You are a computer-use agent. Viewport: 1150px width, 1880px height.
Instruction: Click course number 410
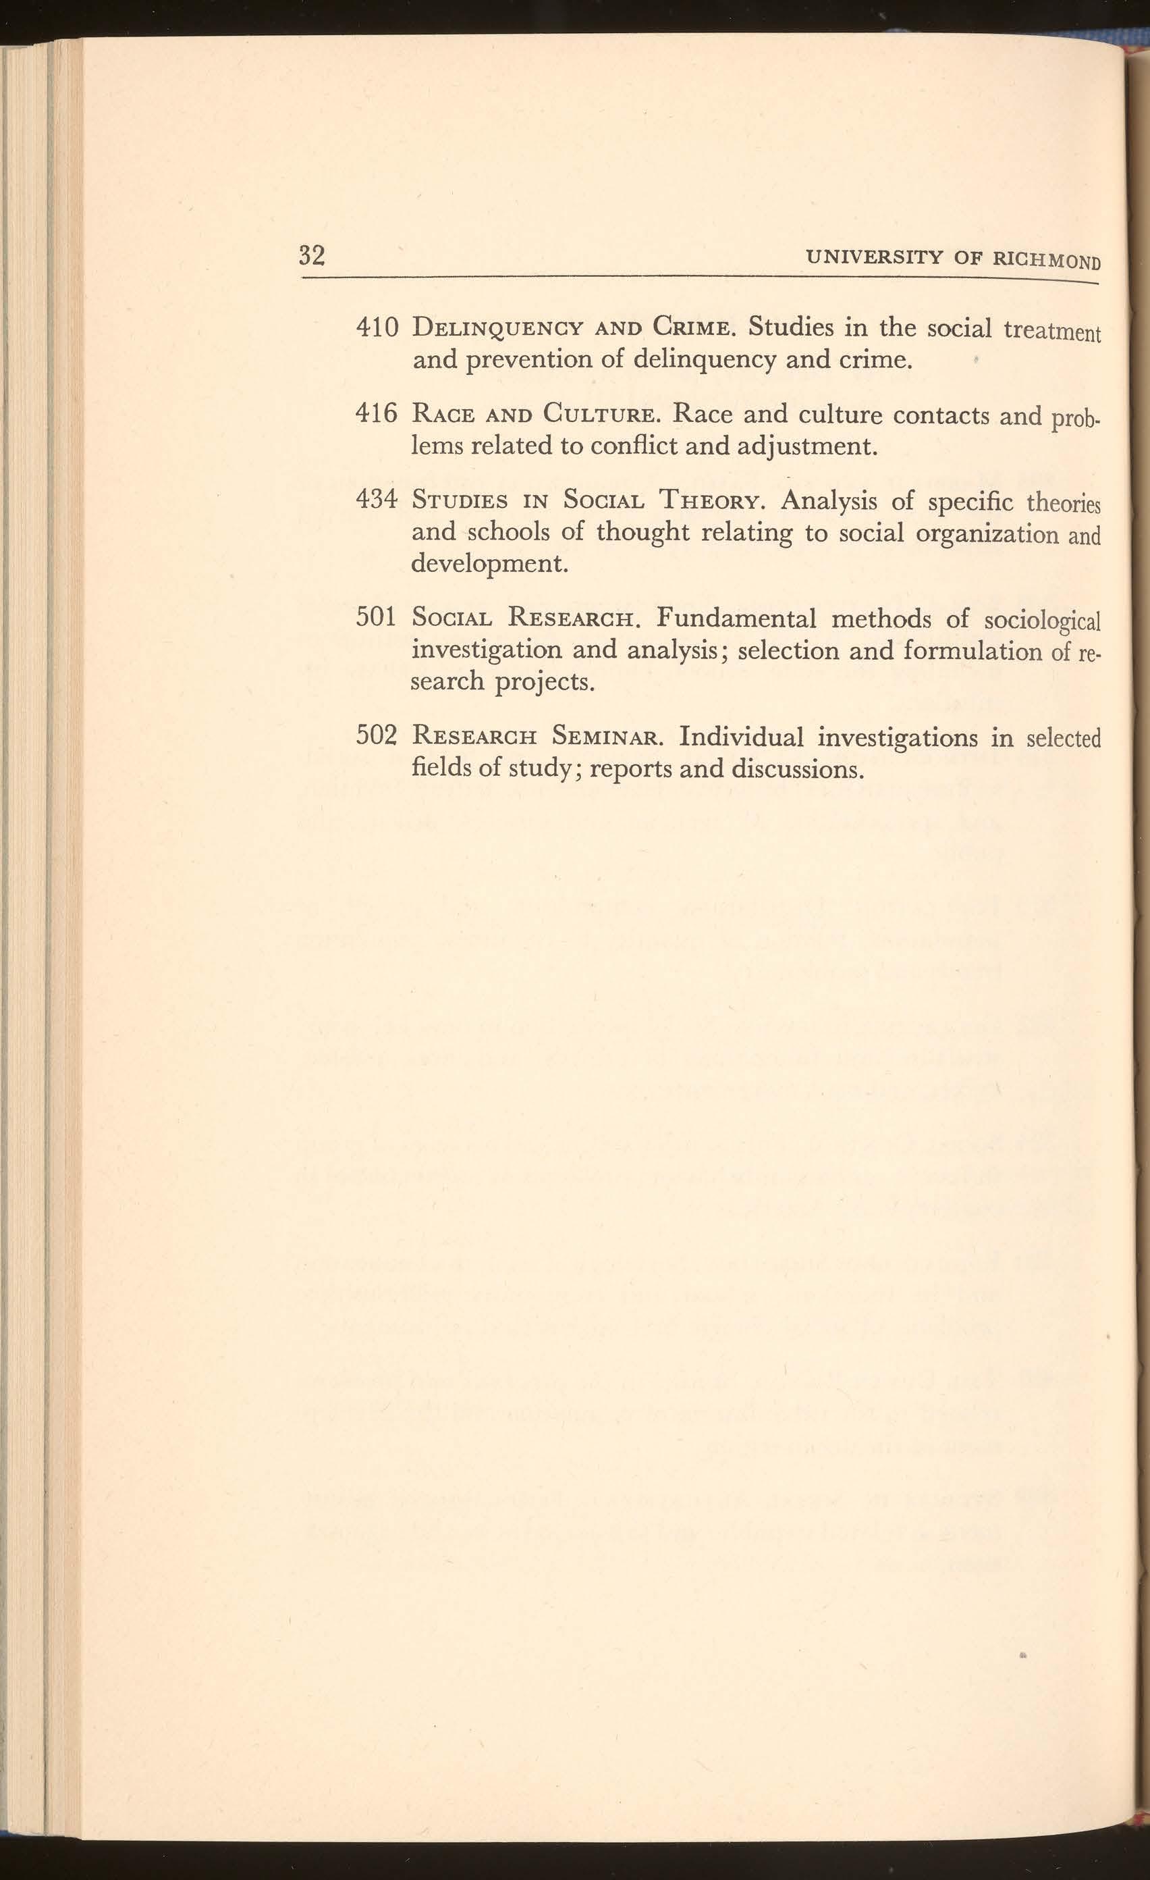point(377,328)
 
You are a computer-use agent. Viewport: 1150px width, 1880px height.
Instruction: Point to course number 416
point(377,415)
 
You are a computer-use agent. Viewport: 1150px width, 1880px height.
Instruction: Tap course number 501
point(376,617)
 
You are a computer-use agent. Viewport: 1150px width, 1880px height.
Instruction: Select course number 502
point(377,735)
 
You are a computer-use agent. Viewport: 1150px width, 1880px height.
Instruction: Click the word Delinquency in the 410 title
point(498,330)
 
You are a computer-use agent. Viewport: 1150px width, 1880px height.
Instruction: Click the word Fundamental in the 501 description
point(735,617)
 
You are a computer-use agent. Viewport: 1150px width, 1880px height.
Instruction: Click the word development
point(489,565)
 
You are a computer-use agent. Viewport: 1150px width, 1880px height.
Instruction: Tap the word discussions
point(798,768)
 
